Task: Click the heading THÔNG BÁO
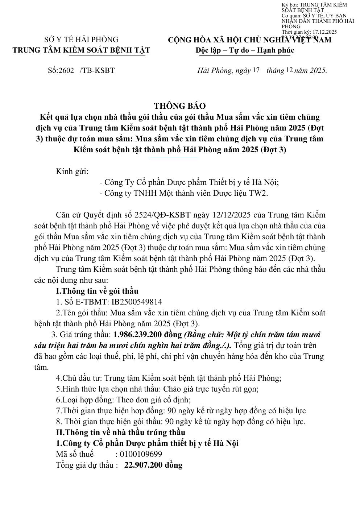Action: point(179,106)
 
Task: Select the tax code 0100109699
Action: point(141,454)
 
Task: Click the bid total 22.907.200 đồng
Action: point(153,465)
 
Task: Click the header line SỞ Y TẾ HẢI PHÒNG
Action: point(81,40)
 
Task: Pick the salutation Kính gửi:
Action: point(72,171)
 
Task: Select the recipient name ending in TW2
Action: point(183,193)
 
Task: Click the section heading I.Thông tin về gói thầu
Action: point(97,291)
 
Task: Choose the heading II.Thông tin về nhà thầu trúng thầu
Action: point(120,432)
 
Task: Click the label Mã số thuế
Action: point(75,454)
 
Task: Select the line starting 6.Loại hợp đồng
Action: point(123,400)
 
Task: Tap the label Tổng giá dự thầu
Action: point(87,465)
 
